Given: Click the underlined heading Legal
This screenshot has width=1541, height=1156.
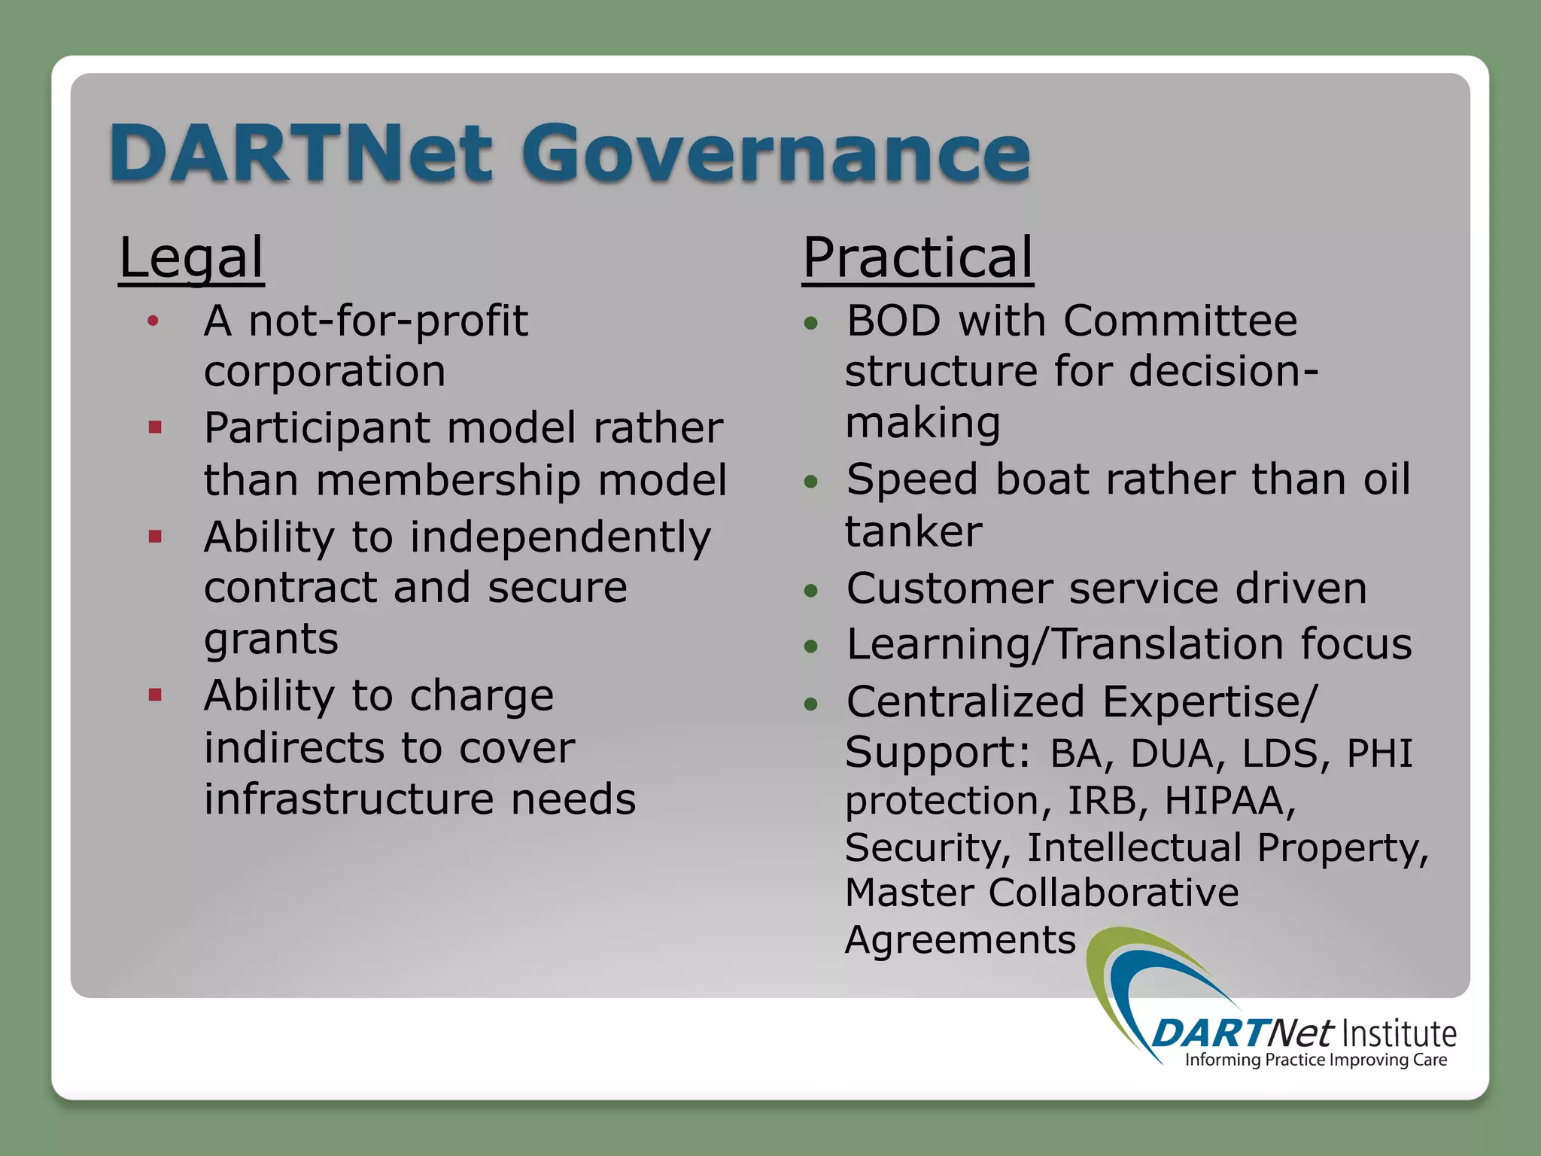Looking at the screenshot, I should coord(191,258).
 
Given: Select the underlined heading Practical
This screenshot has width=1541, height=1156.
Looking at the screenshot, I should coord(917,258).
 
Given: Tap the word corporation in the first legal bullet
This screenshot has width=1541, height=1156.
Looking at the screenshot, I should coord(324,371).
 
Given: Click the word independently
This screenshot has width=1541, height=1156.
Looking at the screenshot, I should coord(560,537).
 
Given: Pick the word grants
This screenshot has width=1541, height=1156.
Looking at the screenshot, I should coord(271,640).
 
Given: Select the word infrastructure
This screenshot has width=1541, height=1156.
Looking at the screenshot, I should coord(348,799).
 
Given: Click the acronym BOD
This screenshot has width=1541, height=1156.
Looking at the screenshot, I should coord(893,321).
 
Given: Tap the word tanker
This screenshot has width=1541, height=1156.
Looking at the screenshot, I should coord(913,531).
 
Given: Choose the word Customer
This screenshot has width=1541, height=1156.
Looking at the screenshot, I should coord(949,589).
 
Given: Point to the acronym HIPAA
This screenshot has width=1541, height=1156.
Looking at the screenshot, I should coord(1229,800).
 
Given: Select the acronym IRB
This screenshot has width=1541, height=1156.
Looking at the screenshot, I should coord(1101,800).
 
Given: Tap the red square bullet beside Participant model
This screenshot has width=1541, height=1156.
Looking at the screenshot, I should coord(156,428).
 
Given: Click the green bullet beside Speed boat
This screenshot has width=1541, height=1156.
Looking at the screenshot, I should coord(810,482).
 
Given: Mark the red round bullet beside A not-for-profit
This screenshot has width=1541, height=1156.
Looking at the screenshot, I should coord(153,322).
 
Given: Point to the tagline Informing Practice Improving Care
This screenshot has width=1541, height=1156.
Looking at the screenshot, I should coord(1315,1060).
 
